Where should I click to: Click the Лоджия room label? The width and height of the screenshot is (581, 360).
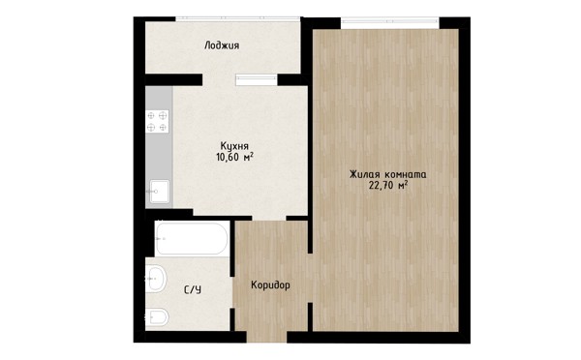click(x=222, y=45)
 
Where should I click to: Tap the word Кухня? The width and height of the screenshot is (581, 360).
click(x=234, y=145)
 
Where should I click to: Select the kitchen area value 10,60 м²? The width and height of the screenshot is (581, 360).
click(x=235, y=157)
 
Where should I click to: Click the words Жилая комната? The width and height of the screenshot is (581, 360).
click(x=388, y=174)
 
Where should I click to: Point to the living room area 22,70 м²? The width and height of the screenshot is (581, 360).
click(x=388, y=186)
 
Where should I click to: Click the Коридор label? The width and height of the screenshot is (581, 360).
click(x=270, y=285)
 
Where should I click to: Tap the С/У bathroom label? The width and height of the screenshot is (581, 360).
click(x=193, y=289)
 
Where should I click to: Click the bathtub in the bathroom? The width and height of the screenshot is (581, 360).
click(x=191, y=239)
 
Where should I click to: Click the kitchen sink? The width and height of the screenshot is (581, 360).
click(x=160, y=192)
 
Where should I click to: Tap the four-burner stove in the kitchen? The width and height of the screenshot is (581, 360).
click(x=157, y=122)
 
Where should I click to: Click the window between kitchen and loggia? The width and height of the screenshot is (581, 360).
click(x=257, y=79)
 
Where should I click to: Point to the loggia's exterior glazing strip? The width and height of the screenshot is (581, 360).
click(x=237, y=18)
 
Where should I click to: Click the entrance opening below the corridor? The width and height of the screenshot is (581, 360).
click(x=267, y=337)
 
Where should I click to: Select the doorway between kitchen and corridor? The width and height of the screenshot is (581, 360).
click(x=269, y=218)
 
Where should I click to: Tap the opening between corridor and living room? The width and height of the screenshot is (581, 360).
click(x=311, y=278)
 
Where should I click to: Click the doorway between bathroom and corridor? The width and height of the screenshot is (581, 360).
click(x=232, y=292)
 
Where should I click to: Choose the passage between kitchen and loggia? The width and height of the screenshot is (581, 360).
click(x=219, y=79)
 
